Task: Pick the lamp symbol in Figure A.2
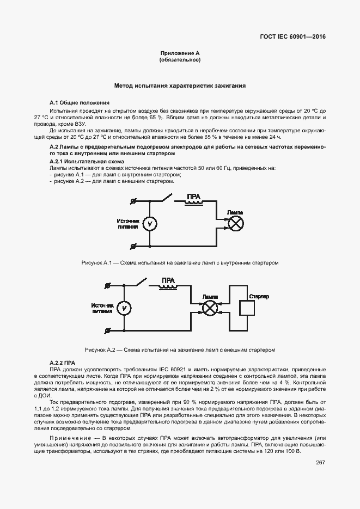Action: click(210, 308)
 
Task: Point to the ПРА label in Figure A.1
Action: click(194, 197)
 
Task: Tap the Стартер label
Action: click(259, 296)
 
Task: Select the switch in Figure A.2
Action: click(141, 283)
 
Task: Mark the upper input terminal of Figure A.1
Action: click(133, 201)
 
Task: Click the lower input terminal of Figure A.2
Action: click(107, 330)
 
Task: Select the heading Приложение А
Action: click(180, 53)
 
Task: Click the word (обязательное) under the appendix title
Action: click(180, 59)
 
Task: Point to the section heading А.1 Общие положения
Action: click(79, 102)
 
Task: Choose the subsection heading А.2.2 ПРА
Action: click(62, 363)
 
